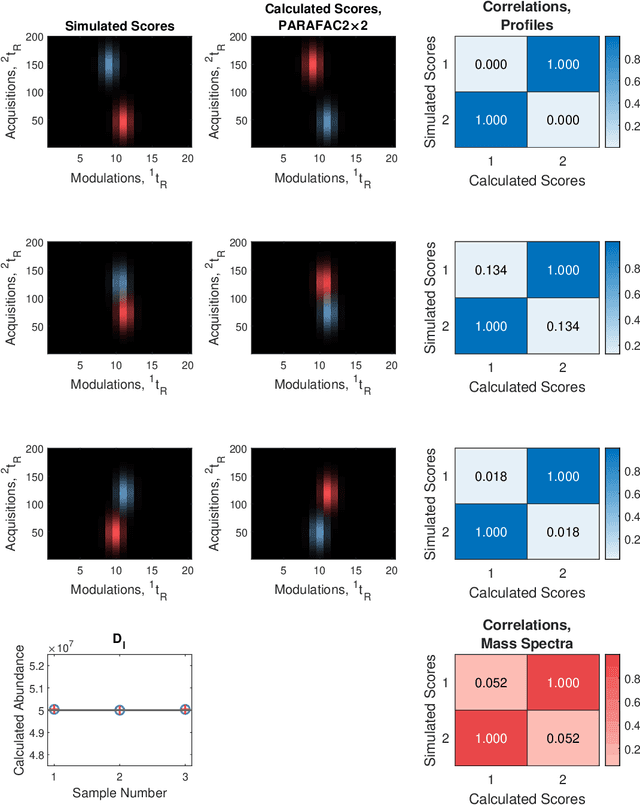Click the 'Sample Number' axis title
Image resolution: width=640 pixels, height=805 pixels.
pos(119,793)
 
